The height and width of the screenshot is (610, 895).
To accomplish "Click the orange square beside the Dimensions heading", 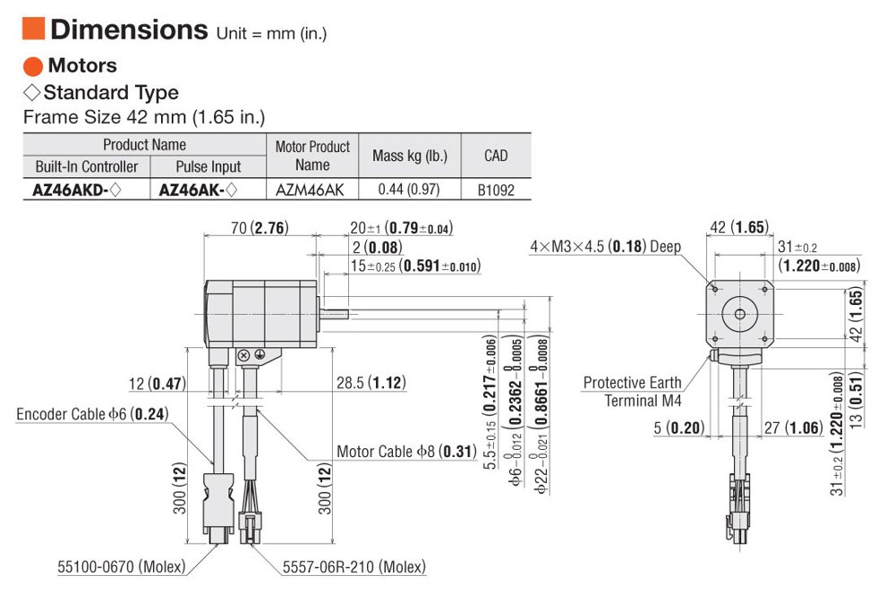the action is pyautogui.click(x=33, y=29).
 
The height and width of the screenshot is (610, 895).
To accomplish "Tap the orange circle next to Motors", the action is pyautogui.click(x=33, y=66).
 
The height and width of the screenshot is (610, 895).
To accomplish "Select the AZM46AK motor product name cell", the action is pyautogui.click(x=310, y=190).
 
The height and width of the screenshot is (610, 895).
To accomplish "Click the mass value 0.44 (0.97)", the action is pyautogui.click(x=409, y=189).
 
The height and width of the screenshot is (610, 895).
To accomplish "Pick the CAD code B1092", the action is pyautogui.click(x=496, y=190).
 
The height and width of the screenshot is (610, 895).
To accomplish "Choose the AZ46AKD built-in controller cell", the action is pyautogui.click(x=77, y=190).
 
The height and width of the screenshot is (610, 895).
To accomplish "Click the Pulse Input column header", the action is pyautogui.click(x=209, y=166).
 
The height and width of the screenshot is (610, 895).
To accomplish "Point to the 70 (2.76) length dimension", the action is pyautogui.click(x=260, y=228).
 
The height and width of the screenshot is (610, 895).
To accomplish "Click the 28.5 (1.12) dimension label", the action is pyautogui.click(x=371, y=382).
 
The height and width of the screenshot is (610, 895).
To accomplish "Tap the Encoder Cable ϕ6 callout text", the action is pyautogui.click(x=92, y=414).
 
